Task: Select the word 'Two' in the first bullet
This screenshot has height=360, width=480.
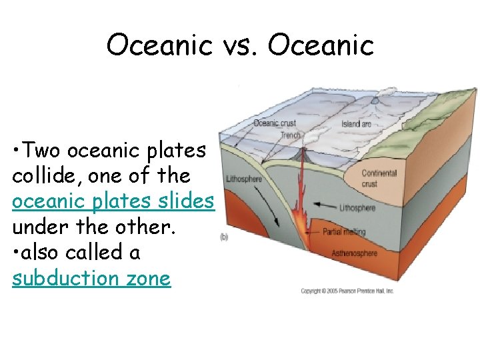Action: tap(47, 151)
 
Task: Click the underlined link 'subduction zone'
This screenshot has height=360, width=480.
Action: tap(91, 278)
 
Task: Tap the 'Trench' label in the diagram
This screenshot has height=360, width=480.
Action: tap(290, 135)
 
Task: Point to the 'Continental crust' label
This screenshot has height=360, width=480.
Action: tap(378, 178)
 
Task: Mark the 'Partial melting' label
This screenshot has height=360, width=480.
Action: tap(344, 232)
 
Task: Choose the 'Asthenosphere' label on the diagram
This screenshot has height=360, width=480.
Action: tap(354, 254)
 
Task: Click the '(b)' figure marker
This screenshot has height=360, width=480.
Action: tap(225, 237)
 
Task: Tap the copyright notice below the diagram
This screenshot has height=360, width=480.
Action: tap(347, 291)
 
